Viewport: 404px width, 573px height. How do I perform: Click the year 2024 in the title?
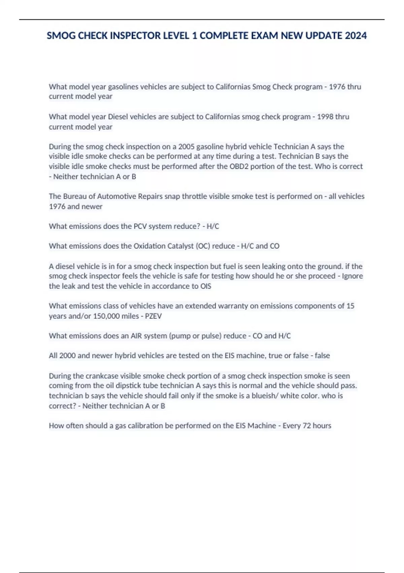coord(356,35)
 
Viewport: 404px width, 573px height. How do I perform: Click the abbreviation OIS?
coord(206,286)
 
